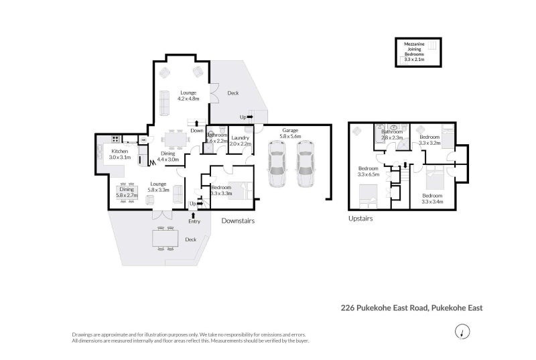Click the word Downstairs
click(x=238, y=221)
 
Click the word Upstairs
click(x=360, y=219)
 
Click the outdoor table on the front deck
click(x=164, y=238)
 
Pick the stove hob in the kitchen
click(x=115, y=139)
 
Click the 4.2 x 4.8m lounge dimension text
click(x=189, y=99)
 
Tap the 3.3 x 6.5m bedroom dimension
click(x=368, y=174)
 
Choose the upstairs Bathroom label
click(x=391, y=133)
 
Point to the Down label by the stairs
click(x=197, y=130)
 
